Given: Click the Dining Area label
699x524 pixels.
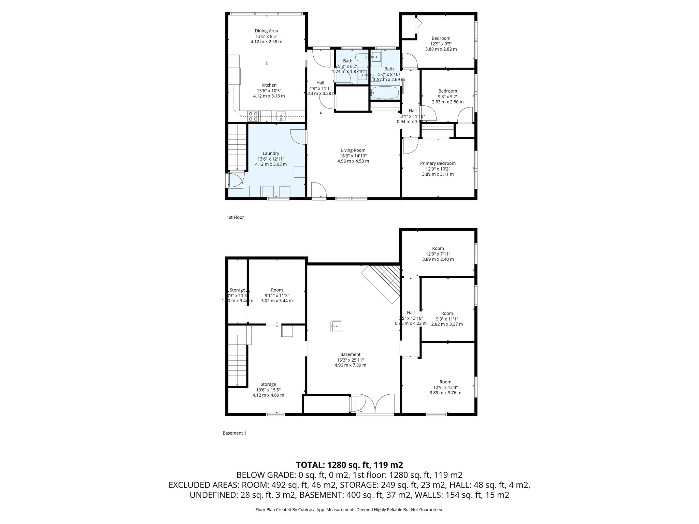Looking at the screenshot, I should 266,31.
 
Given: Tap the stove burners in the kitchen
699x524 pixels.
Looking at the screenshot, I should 253,116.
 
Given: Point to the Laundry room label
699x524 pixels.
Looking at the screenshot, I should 271,154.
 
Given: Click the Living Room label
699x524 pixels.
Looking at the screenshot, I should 353,150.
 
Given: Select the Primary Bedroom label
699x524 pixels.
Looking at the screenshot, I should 438,163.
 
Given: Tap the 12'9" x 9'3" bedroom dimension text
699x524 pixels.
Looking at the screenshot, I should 441,44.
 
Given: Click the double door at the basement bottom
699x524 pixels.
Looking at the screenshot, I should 375,404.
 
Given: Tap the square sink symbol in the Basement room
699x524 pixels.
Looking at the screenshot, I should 336,326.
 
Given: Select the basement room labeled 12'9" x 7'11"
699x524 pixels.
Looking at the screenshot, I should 438,254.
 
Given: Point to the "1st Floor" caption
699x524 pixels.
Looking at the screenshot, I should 235,217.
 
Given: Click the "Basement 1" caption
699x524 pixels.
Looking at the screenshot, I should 234,433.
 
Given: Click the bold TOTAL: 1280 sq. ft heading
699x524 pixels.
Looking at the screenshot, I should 349,465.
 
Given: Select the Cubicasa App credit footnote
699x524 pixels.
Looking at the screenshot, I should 349,510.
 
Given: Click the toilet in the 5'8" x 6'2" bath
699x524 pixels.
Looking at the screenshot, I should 360,57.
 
